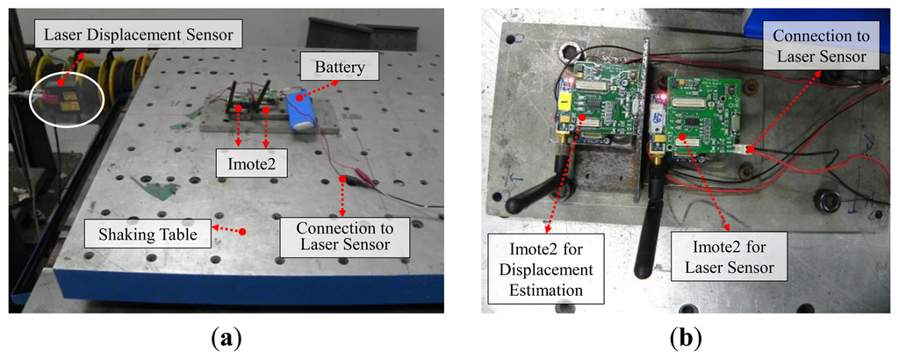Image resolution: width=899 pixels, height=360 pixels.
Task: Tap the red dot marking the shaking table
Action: [x=242, y=232]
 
